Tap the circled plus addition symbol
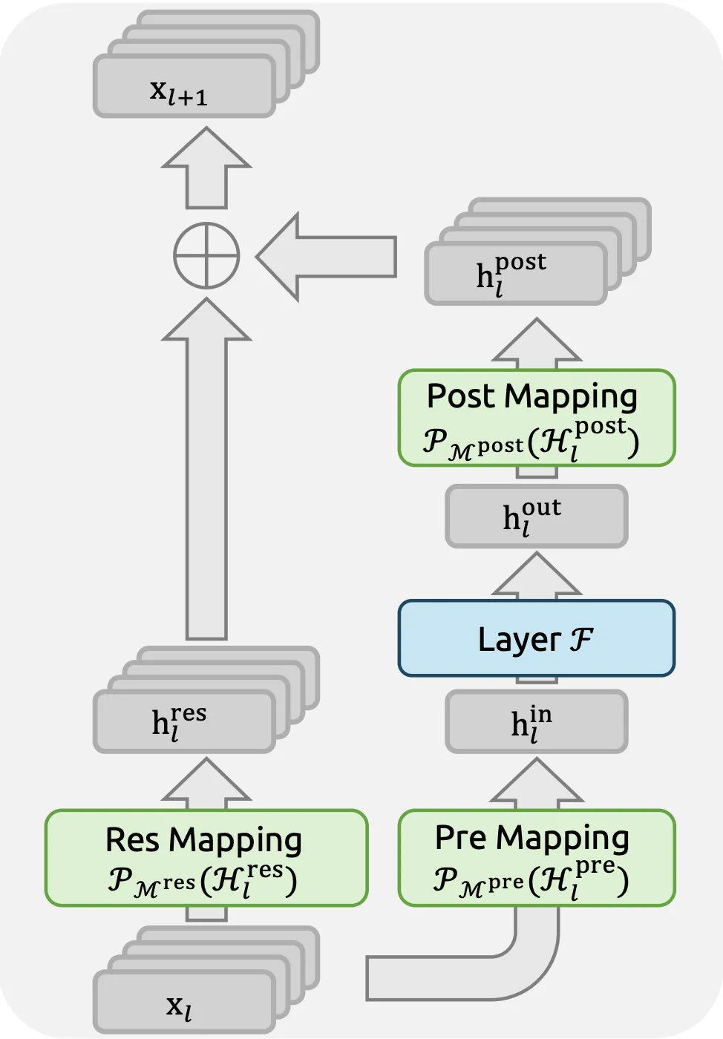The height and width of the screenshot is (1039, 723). (x=206, y=256)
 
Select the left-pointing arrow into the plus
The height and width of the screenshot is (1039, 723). (x=327, y=257)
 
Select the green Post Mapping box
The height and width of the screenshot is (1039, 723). (x=536, y=418)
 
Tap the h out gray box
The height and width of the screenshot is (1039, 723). (x=536, y=517)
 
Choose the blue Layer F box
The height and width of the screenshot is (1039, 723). (x=536, y=638)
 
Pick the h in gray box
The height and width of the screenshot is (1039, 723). (x=536, y=722)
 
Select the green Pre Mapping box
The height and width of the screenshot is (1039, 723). (x=536, y=858)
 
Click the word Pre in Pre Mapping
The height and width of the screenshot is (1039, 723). (x=461, y=838)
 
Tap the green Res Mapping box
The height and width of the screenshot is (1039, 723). (x=206, y=858)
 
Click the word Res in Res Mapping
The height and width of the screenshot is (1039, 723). (x=133, y=840)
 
